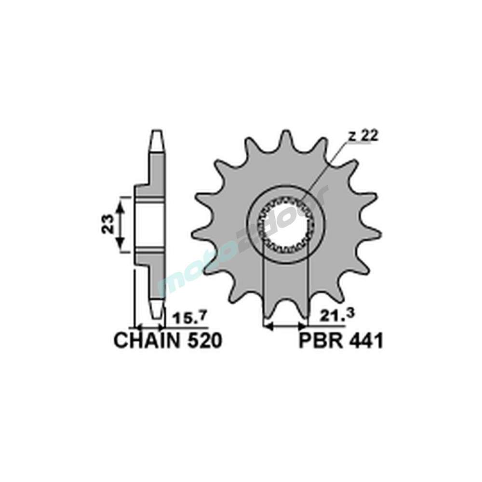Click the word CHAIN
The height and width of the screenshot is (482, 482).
pos(144,341)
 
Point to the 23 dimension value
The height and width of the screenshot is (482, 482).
pos(108,224)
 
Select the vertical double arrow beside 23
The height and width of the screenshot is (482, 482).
pos(121,224)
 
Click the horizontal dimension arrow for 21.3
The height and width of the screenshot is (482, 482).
pos(286,327)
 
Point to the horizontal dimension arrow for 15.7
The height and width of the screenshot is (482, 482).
pos(149,327)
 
